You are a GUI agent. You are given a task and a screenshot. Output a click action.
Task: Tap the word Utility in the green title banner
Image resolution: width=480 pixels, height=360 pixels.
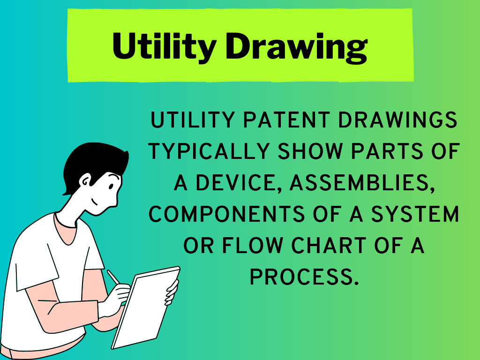pyautogui.click(x=165, y=46)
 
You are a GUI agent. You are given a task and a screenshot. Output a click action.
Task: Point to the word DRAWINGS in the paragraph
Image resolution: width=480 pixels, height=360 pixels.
pyautogui.click(x=397, y=120)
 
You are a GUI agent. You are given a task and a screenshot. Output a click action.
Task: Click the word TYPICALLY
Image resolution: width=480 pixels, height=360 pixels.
pyautogui.click(x=209, y=151)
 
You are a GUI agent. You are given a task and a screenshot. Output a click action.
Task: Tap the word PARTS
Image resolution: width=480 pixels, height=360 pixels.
pyautogui.click(x=387, y=151)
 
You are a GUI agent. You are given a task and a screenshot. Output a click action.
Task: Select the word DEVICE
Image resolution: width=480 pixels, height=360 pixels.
pyautogui.click(x=239, y=183)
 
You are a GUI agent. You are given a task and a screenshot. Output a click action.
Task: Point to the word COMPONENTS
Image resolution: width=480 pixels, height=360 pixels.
pyautogui.click(x=226, y=214)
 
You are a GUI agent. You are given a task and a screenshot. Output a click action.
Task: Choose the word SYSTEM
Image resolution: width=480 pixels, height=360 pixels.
pyautogui.click(x=415, y=214)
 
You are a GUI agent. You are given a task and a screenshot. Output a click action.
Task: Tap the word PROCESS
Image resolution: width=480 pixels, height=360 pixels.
pyautogui.click(x=304, y=277)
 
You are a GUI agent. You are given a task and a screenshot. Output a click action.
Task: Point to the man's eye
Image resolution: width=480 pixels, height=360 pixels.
pyautogui.click(x=111, y=186)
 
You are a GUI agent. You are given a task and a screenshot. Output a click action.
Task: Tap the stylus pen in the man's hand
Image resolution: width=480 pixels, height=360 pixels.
pyautogui.click(x=113, y=277)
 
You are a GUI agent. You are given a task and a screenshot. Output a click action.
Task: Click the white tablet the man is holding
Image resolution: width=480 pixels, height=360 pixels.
pyautogui.click(x=146, y=307)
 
